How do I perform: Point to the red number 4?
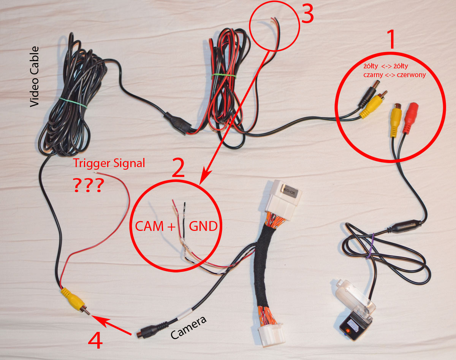95,340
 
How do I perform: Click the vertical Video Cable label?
35,76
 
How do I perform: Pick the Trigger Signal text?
109,164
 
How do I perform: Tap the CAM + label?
155,226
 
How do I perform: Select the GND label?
203,226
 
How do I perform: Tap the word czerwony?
412,75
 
